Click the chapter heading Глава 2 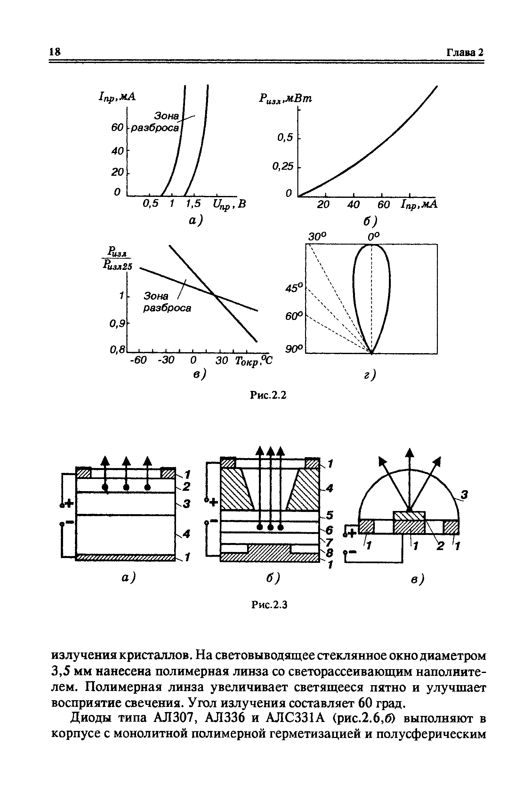pyautogui.click(x=465, y=53)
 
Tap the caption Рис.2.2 pyautogui.click(x=269, y=395)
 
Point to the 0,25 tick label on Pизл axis pyautogui.click(x=283, y=166)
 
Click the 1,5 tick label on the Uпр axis pyautogui.click(x=194, y=203)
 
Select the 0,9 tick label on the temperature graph pyautogui.click(x=117, y=323)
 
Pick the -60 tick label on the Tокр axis pyautogui.click(x=138, y=360)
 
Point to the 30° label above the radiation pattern pyautogui.click(x=317, y=237)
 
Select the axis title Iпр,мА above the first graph pyautogui.click(x=117, y=97)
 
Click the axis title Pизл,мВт pyautogui.click(x=285, y=99)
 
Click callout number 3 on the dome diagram pyautogui.click(x=464, y=495)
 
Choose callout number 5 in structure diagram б pyautogui.click(x=329, y=515)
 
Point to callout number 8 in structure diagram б pyautogui.click(x=329, y=553)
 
